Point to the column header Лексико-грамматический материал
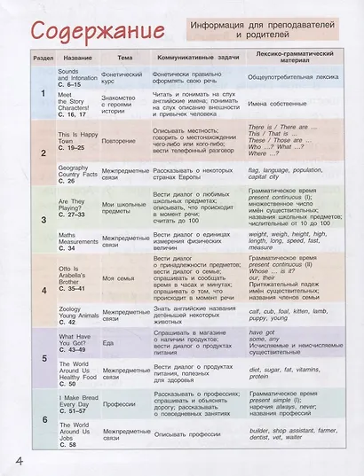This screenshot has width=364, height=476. [x=296, y=57]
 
